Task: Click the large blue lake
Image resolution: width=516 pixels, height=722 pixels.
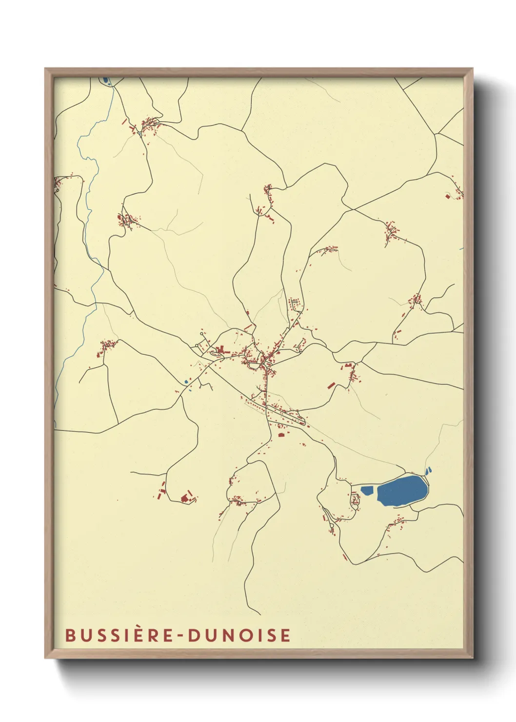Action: (x=402, y=490)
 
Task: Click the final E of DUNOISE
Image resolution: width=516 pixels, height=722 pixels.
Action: (x=286, y=635)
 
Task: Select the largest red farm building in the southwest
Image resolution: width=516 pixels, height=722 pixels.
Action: (x=185, y=498)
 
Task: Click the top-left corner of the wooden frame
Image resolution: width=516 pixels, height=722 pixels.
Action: (x=46, y=69)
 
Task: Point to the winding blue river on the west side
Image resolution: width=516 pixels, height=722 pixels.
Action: (x=88, y=205)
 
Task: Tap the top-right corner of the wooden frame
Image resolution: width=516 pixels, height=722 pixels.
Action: (x=472, y=69)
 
